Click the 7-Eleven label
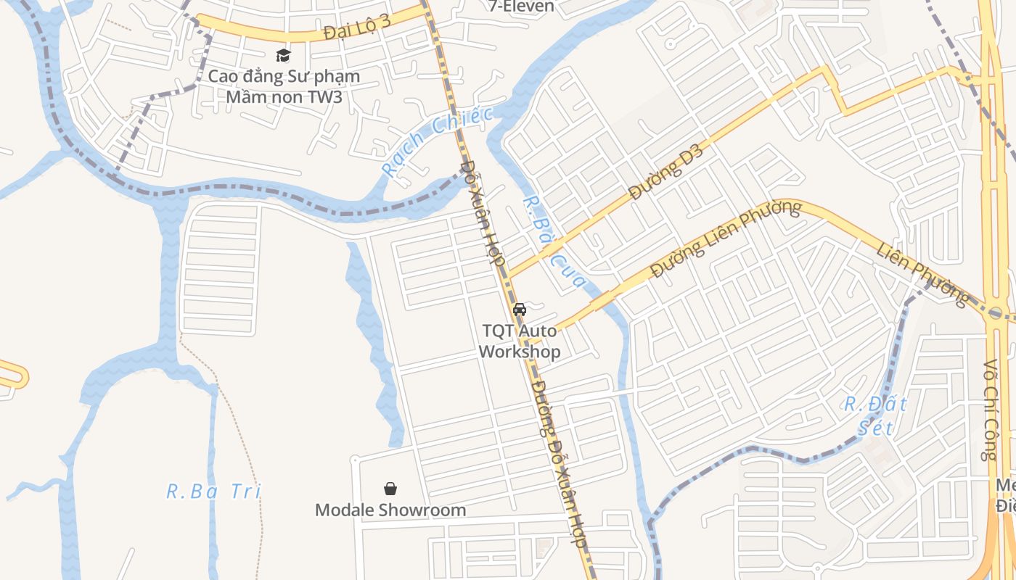click(522, 7)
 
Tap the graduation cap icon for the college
click(283, 55)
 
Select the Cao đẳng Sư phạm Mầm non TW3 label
click(284, 86)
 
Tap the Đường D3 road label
click(666, 172)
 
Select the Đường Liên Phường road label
click(726, 239)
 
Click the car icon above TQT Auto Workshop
click(520, 310)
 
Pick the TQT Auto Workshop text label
click(520, 341)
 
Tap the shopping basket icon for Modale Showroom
click(390, 489)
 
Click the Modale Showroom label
click(390, 510)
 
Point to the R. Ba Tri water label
click(213, 491)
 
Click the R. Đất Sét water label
click(875, 415)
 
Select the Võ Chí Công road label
click(991, 410)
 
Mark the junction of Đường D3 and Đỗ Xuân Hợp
click(508, 275)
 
